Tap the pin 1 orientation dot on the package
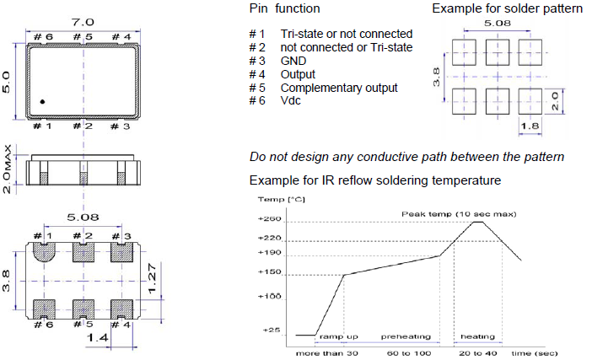(x=42, y=102)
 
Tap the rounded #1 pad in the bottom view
(x=44, y=253)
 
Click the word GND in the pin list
(x=293, y=62)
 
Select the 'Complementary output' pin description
(x=338, y=88)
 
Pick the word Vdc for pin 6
(x=292, y=101)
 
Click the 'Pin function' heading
(x=284, y=8)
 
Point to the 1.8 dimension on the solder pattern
(x=528, y=127)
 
